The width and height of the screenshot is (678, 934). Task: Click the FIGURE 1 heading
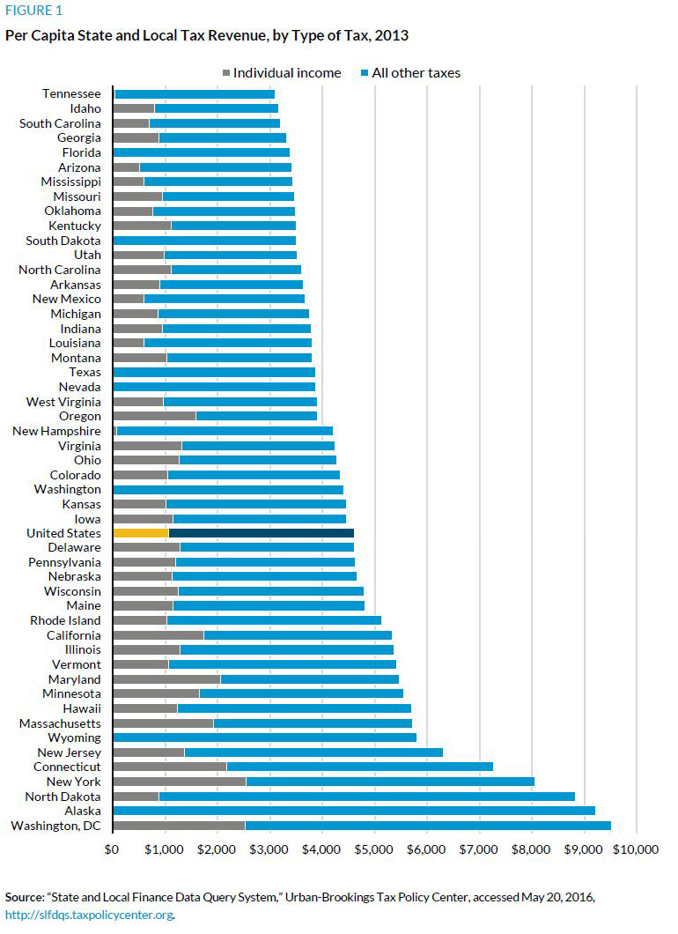pos(33,11)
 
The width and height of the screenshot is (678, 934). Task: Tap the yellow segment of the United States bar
pos(140,533)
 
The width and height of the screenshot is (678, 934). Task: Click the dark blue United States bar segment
pos(261,533)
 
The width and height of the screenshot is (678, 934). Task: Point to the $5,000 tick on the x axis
pos(374,850)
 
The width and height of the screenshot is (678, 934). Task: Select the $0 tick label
pos(112,850)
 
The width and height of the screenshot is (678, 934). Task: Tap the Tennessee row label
pos(71,94)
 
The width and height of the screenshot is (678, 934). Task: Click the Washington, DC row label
pos(55,826)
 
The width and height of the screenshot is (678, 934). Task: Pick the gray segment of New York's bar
pos(180,782)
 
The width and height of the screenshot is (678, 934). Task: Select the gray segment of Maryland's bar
pos(166,679)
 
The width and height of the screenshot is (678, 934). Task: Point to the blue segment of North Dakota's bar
pos(454,797)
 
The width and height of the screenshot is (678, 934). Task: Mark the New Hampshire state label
pos(56,431)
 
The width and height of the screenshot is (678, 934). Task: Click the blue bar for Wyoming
pos(264,738)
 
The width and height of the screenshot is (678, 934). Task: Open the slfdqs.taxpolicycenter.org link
pos(88,915)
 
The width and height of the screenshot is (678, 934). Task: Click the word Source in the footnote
pos(25,897)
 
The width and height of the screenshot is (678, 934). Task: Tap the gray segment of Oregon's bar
pos(154,416)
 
